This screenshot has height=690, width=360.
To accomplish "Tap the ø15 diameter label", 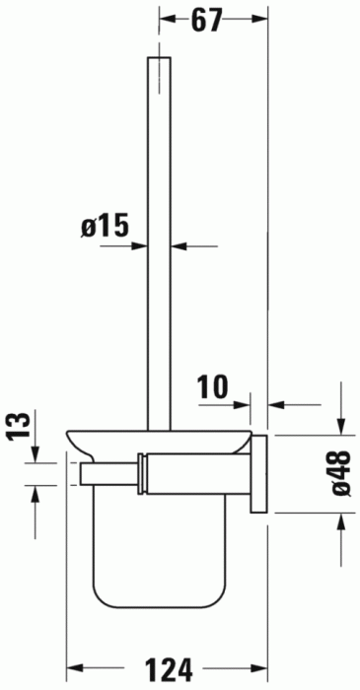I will [106, 227].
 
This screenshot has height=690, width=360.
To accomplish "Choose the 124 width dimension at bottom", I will [168, 671].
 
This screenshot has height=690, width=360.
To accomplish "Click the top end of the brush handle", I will [160, 61].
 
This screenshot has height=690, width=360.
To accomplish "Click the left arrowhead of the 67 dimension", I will [166, 20].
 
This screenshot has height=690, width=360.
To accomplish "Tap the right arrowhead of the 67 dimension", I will [262, 20].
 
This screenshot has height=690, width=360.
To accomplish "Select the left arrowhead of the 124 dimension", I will [73, 670].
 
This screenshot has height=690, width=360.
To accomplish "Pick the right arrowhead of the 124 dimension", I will [262, 670].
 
